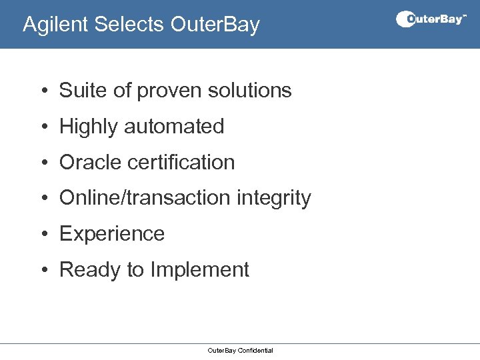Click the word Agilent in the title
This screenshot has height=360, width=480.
click(56, 25)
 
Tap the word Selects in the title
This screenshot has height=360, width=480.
click(129, 25)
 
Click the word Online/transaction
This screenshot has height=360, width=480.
click(145, 198)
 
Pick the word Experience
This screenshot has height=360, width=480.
click(112, 234)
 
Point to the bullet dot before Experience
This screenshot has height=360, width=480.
click(42, 234)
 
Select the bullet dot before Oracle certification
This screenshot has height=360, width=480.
click(42, 163)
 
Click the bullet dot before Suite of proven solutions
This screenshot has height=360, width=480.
click(42, 91)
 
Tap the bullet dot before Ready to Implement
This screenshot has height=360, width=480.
click(42, 270)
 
